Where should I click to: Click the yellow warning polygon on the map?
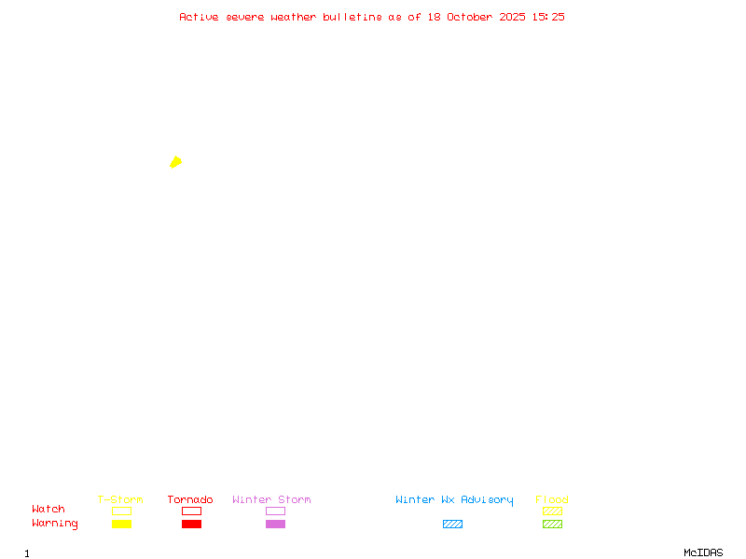pyautogui.click(x=175, y=162)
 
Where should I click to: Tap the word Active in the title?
pyautogui.click(x=199, y=17)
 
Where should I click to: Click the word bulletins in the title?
pyautogui.click(x=352, y=17)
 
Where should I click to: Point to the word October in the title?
pyautogui.click(x=470, y=17)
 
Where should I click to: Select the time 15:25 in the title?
pyautogui.click(x=548, y=17)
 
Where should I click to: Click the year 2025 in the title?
pyautogui.click(x=513, y=17)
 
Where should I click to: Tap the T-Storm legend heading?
pyautogui.click(x=120, y=500)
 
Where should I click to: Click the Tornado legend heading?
pyautogui.click(x=190, y=500)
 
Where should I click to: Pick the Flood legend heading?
pyautogui.click(x=552, y=500)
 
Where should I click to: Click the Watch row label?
pyautogui.click(x=48, y=510)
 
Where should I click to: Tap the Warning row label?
pyautogui.click(x=55, y=524)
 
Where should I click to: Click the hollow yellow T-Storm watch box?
pyautogui.click(x=121, y=511)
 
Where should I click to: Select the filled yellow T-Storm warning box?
pyautogui.click(x=121, y=524)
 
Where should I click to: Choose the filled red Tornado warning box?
pyautogui.click(x=191, y=524)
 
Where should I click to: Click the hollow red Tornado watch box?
pyautogui.click(x=191, y=511)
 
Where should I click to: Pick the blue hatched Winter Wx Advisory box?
pyautogui.click(x=452, y=524)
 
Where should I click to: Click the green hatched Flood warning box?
pyautogui.click(x=552, y=524)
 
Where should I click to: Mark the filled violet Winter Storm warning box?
pyautogui.click(x=275, y=524)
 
